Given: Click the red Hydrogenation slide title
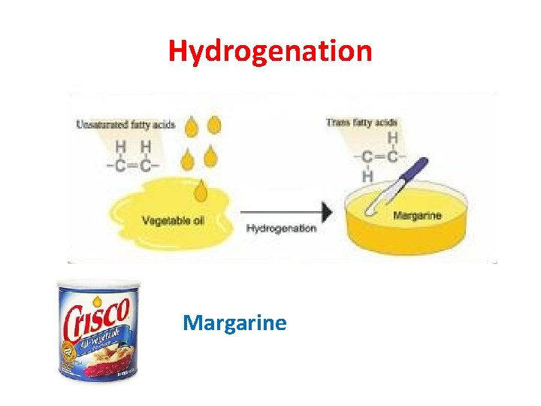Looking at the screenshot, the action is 270,51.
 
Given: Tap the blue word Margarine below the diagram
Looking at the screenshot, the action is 234,323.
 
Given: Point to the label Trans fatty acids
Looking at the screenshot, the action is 362,123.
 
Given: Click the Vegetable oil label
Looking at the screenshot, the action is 178,221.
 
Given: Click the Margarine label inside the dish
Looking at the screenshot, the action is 417,217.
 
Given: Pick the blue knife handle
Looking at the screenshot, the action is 412,172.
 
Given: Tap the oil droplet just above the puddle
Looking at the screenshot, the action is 201,193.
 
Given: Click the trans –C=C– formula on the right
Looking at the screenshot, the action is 383,156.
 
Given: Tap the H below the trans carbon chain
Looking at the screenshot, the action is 368,176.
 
